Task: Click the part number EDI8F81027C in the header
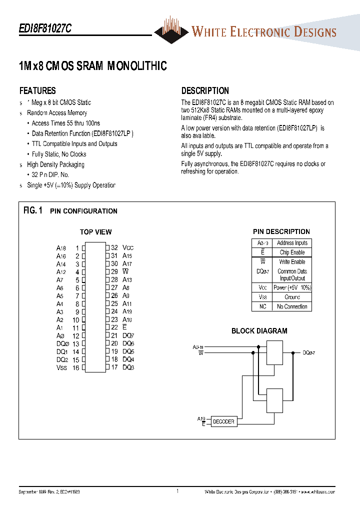pos(45,29)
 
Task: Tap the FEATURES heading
pos(37,91)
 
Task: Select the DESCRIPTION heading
pos(205,91)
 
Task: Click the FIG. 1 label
pos(33,210)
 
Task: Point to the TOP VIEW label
pos(96,232)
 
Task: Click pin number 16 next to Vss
pos(76,368)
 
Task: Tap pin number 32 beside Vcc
pos(114,247)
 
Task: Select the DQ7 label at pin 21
pos(128,336)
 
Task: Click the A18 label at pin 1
pos(61,248)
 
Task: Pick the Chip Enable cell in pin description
pos(292,252)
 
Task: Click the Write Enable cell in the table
pos(292,262)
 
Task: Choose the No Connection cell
pos(292,306)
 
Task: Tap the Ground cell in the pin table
pos(292,297)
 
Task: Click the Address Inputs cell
pos(292,243)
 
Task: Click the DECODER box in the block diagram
pos(223,421)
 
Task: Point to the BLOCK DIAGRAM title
pos(259,331)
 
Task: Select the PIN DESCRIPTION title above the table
pos(281,232)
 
